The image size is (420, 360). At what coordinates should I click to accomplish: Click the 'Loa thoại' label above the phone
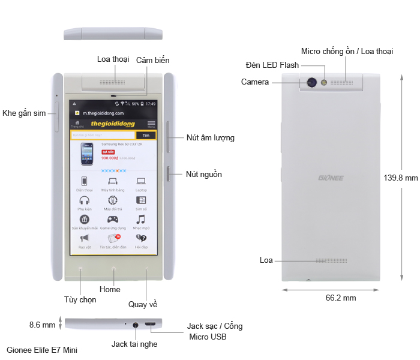pos(113,59)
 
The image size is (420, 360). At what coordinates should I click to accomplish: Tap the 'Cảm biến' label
pos(152,61)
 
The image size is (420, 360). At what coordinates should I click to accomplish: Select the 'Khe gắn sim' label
pos(24,113)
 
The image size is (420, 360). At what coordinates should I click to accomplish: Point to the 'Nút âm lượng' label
pos(210,137)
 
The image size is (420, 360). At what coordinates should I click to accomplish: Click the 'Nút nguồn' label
pos(203,175)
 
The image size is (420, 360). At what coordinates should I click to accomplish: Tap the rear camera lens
pos(312,82)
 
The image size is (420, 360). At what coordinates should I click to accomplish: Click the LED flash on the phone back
pos(325,82)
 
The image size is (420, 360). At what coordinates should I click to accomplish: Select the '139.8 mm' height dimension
pos(400,178)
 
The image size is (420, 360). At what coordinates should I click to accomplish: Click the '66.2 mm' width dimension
pos(341,298)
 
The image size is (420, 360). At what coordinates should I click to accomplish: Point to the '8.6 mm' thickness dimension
pos(42,325)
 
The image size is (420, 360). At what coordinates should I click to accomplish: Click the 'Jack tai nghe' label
pos(134,344)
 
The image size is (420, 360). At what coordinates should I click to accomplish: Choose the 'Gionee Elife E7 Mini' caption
pos(42,349)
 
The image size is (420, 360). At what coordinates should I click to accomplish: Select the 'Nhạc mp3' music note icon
pos(141,220)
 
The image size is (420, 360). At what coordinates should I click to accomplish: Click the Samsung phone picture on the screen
pos(86,154)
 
